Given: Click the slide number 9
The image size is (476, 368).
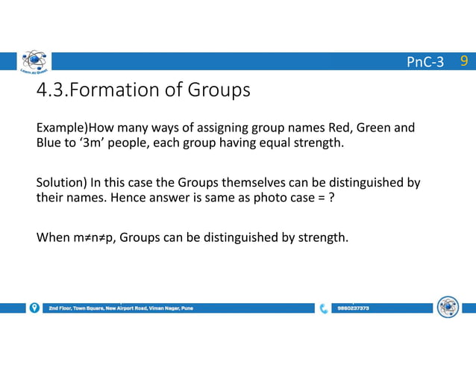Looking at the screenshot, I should [464, 60].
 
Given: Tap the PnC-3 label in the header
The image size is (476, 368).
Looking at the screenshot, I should [425, 61].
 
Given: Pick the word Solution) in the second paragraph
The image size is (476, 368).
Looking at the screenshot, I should [61, 182].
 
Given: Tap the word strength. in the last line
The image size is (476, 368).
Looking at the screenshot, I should [323, 238].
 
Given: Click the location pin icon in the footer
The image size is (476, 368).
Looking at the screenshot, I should [34, 308].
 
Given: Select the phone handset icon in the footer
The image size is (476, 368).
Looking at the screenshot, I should [323, 308].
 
